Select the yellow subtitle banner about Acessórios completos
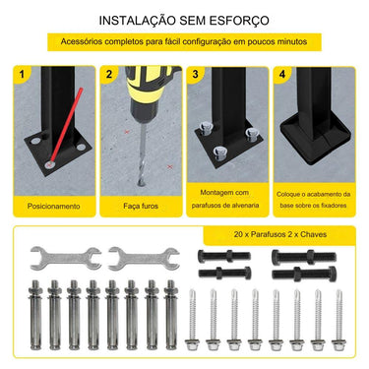point(184,43)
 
